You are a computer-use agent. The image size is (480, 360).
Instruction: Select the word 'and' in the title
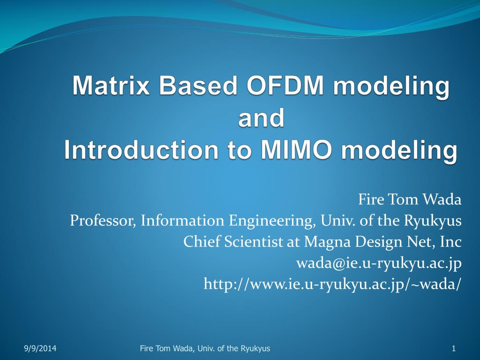tap(261, 118)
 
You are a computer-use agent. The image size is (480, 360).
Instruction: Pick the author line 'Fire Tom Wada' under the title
tap(410, 200)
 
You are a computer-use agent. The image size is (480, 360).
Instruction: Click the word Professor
tap(102, 220)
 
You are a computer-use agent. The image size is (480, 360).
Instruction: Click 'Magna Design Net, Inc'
tap(382, 242)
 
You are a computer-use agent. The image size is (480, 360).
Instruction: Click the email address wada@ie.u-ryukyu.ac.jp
tap(379, 263)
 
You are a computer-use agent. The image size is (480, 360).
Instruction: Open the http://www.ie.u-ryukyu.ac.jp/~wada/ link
tap(332, 284)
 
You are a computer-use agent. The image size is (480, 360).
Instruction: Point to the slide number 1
tap(454, 348)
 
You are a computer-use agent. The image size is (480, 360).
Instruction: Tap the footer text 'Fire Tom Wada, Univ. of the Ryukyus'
tap(205, 348)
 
